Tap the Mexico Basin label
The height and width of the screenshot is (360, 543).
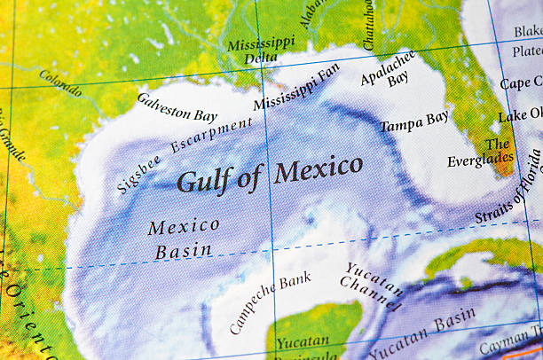184,239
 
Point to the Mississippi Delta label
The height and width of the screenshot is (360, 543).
260,50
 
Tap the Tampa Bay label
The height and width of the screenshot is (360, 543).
414,121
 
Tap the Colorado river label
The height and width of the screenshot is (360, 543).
60,82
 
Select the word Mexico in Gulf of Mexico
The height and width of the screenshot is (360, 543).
318,168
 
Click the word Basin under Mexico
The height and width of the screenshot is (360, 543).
184,251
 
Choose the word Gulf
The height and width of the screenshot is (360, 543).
206,180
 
